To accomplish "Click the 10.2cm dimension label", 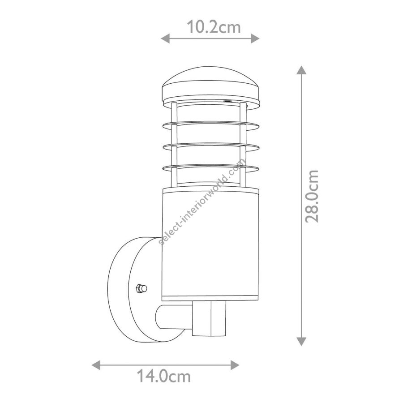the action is tap(214, 27).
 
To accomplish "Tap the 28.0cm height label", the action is tap(312, 196).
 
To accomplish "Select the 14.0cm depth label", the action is tap(163, 376).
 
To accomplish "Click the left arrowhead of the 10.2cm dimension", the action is tap(165, 39).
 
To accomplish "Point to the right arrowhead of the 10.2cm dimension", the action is tap(255, 39).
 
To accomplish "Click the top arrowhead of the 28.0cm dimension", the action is tap(301, 70).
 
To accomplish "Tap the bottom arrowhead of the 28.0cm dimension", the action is tap(301, 341).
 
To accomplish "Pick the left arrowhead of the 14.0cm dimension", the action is tap(96, 365).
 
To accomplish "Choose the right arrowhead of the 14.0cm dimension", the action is tap(235, 365).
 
